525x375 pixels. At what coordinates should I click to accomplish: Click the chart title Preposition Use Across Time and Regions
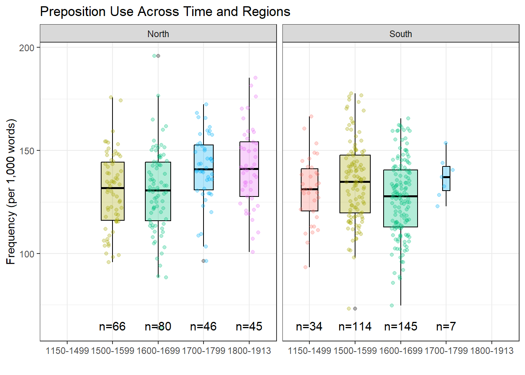point(165,12)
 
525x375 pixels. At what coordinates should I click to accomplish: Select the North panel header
point(158,34)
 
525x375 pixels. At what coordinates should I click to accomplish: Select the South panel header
point(400,34)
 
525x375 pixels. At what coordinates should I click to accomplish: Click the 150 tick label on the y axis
point(27,151)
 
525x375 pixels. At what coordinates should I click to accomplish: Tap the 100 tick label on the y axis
point(27,254)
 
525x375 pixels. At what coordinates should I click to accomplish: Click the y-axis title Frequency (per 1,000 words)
point(11,191)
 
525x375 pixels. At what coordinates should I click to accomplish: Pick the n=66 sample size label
point(112,327)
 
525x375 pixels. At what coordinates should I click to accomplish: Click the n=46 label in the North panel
point(203,327)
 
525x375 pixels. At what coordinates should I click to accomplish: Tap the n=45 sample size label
point(249,327)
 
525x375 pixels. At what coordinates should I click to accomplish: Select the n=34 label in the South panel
point(309,327)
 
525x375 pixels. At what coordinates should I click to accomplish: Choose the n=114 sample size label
point(355,327)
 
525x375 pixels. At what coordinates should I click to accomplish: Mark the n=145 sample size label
point(401,327)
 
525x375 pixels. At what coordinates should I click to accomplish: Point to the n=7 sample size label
point(446,327)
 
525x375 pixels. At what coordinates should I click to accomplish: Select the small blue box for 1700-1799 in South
point(446,179)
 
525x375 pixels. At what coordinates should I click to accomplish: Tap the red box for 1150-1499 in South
point(309,190)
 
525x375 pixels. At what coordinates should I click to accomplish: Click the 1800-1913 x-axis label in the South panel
point(491,351)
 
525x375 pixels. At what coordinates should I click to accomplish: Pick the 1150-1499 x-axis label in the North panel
point(67,351)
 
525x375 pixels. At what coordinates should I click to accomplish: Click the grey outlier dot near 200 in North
point(158,56)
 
